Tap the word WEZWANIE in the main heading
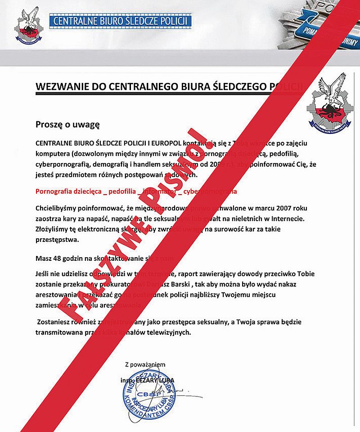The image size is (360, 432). click(61, 86)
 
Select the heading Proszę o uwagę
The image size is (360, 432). click(67, 124)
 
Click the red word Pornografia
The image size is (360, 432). click(55, 191)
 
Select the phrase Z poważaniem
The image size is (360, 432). click(145, 364)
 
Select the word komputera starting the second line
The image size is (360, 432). click(52, 153)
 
